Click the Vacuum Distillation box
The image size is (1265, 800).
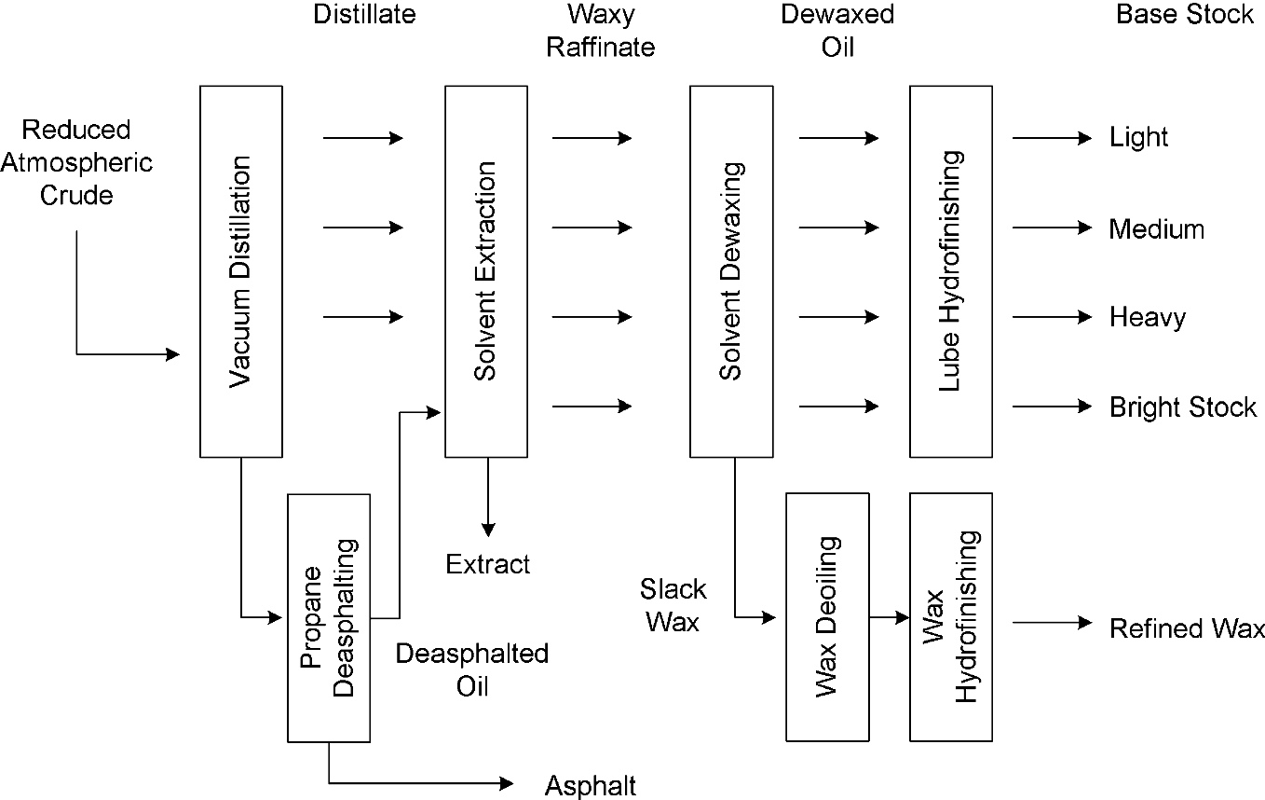click(241, 270)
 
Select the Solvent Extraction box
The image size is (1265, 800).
click(486, 270)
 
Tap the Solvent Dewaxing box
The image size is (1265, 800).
click(730, 270)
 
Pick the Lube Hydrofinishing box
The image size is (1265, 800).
click(951, 270)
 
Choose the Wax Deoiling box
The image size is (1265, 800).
click(827, 616)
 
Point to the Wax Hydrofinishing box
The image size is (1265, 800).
click(951, 616)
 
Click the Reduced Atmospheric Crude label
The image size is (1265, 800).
click(76, 163)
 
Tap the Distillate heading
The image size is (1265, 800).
click(364, 15)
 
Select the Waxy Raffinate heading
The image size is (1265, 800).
click(601, 31)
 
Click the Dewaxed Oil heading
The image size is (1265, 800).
click(837, 31)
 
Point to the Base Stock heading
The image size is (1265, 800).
click(1185, 15)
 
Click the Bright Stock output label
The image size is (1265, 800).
click(1182, 407)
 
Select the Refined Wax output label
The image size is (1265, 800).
click(1187, 629)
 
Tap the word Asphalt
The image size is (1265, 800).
click(591, 786)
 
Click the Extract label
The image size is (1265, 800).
click(487, 565)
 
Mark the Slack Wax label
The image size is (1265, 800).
click(673, 605)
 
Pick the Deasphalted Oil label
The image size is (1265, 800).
click(471, 669)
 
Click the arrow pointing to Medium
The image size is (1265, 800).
click(1052, 228)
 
